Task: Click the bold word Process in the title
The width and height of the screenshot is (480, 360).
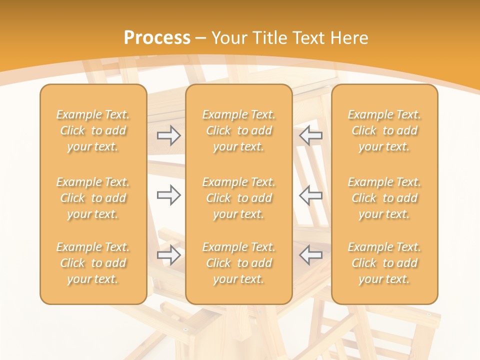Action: click(x=157, y=38)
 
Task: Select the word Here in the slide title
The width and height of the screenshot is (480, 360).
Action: click(x=348, y=38)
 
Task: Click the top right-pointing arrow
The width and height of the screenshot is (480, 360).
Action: click(x=169, y=135)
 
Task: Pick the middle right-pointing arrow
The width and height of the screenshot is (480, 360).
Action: click(x=169, y=194)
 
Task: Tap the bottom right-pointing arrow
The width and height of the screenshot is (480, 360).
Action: click(x=169, y=255)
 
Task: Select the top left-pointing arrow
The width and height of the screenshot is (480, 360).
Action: click(x=310, y=135)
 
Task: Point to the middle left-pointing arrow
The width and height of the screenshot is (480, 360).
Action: click(x=310, y=194)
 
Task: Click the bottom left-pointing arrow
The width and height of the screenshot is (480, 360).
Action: click(x=310, y=255)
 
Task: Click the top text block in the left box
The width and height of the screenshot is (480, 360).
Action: click(x=93, y=130)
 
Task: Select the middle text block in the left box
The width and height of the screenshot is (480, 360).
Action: click(x=93, y=198)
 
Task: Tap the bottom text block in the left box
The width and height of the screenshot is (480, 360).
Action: click(x=93, y=263)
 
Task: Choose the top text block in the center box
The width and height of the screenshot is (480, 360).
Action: click(x=239, y=130)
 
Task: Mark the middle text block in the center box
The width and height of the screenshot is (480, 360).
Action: click(x=239, y=198)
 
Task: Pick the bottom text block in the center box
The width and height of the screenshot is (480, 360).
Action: click(x=239, y=263)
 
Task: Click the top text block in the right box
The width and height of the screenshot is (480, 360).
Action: click(x=384, y=130)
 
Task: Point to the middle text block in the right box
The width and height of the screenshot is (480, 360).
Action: click(x=384, y=198)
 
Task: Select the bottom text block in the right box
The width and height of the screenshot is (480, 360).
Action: click(x=384, y=263)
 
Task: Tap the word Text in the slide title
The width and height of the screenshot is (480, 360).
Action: click(x=308, y=38)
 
